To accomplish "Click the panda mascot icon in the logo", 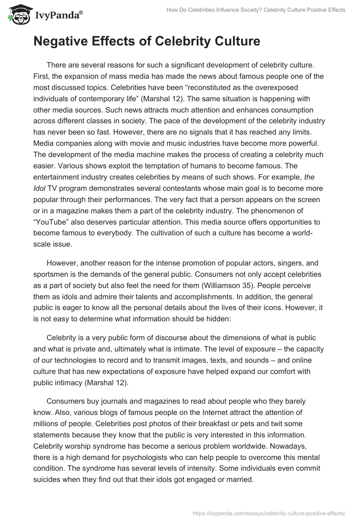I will [x=17, y=15].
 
